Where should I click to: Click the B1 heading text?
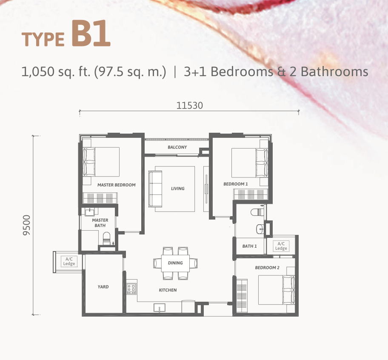(91, 33)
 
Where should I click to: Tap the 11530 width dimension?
(190, 106)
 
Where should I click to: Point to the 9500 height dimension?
(26, 225)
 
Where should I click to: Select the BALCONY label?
(177, 147)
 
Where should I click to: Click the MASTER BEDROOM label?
(116, 185)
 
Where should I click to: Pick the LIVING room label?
(178, 189)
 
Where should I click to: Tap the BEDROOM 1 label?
(236, 184)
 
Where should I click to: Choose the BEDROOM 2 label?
(267, 268)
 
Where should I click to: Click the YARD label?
(103, 287)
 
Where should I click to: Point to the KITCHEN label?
(168, 290)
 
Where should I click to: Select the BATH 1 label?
(249, 246)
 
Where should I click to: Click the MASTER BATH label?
(100, 223)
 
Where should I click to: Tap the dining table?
(175, 263)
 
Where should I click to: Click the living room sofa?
(155, 189)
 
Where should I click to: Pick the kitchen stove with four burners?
(131, 289)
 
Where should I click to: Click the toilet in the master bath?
(107, 238)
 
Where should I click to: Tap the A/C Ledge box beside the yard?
(69, 261)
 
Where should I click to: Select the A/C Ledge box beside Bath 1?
(281, 246)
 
